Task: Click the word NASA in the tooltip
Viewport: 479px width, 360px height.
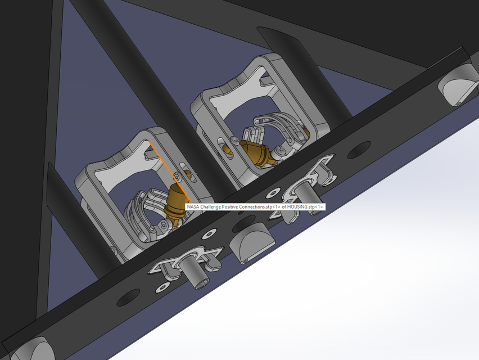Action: tap(193, 207)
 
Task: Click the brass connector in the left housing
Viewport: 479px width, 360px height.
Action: tap(176, 198)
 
